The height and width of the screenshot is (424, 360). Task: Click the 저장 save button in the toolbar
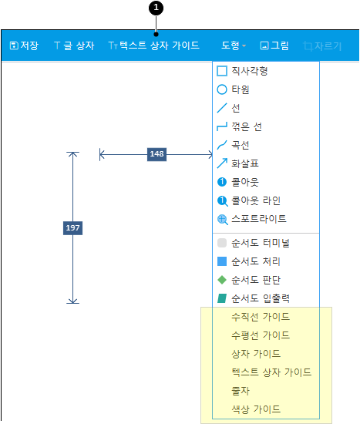pos(24,45)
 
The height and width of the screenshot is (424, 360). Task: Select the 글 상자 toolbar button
pos(74,45)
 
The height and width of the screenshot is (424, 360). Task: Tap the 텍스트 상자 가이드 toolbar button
pos(153,45)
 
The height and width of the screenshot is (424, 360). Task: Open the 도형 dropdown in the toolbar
pos(234,45)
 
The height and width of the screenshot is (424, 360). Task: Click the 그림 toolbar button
pos(274,45)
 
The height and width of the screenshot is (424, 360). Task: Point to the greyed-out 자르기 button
pos(322,46)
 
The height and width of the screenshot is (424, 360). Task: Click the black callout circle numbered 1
pos(156,8)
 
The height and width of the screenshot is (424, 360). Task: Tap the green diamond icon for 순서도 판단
pos(222,280)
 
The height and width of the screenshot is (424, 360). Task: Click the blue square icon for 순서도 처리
pos(222,261)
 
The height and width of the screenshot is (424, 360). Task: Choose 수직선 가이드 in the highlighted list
pos(261,317)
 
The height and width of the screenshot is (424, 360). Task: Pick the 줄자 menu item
pos(241,391)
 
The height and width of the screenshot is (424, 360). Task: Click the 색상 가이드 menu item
pos(256,409)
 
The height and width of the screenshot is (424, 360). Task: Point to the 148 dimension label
pos(157,154)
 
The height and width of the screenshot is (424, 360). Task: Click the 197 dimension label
pos(72,228)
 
